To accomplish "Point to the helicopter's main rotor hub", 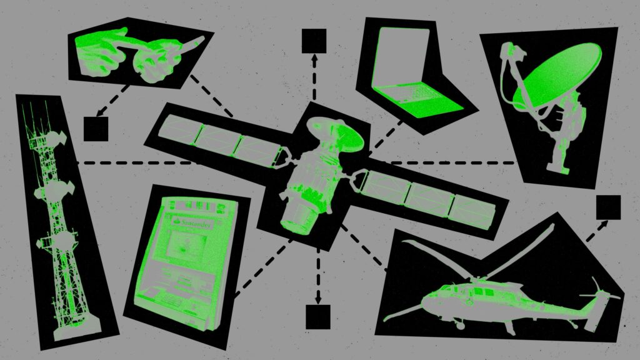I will [478, 277].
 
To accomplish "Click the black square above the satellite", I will [314, 41].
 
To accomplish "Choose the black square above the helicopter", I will [608, 207].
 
